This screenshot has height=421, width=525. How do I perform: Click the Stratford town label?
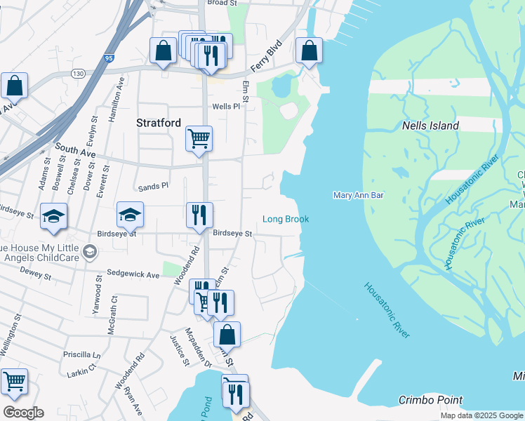pos(158,123)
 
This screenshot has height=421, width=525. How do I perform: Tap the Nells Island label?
pos(430,126)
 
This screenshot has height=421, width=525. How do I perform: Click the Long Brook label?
pos(286,220)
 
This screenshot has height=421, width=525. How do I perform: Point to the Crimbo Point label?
pos(430,400)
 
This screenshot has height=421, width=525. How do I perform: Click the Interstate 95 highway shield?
pos(108,59)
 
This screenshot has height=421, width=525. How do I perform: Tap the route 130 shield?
pos(78,73)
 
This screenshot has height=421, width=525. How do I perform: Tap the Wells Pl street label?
pos(226,107)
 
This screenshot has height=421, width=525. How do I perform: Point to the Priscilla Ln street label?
pos(82,355)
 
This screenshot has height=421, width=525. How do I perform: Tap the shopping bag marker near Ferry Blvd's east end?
pos(309,51)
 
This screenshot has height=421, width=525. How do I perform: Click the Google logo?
pos(22,413)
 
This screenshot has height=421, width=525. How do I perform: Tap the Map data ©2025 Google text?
pos(481,415)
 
